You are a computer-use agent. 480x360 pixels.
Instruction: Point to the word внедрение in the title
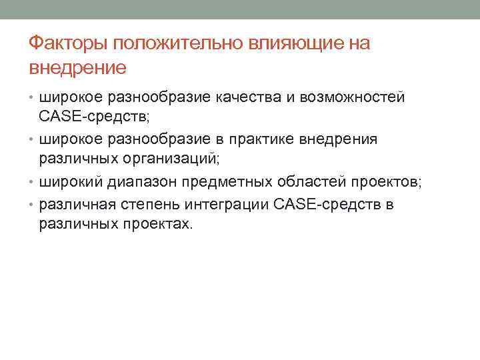[x=77, y=67]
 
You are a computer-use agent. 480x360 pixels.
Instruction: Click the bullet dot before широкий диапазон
[x=32, y=182]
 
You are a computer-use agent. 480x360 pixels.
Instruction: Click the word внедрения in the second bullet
[x=344, y=139]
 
